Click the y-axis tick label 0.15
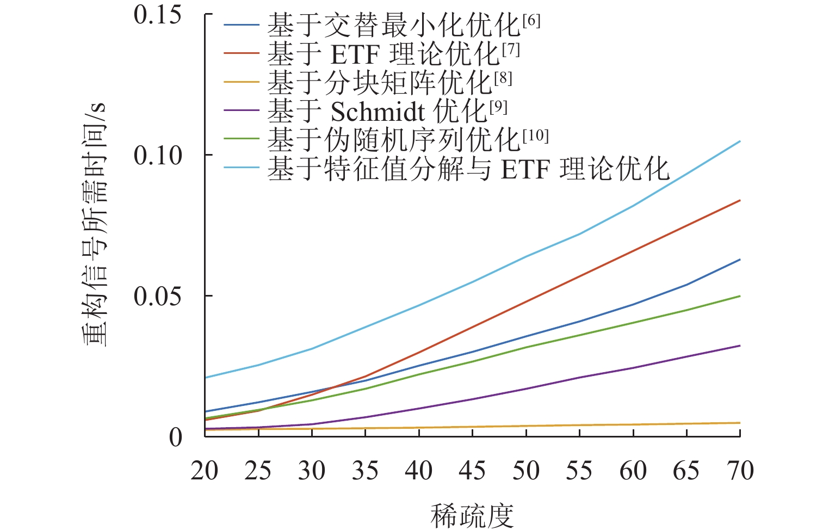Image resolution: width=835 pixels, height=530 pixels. pyautogui.click(x=158, y=15)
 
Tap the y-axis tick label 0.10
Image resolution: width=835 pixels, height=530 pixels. pyautogui.click(x=158, y=156)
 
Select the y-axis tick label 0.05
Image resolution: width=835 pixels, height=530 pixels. pyautogui.click(x=158, y=297)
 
